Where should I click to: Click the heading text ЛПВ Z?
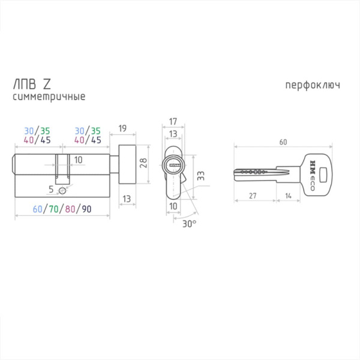click(x=32, y=84)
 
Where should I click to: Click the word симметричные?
click(x=49, y=97)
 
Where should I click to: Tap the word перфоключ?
click(x=313, y=85)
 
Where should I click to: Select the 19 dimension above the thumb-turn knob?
click(x=122, y=128)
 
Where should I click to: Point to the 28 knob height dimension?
click(x=143, y=163)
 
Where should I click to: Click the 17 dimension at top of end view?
click(x=173, y=121)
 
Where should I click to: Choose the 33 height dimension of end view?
click(x=200, y=176)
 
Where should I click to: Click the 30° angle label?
click(x=190, y=224)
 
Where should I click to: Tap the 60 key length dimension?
click(x=283, y=142)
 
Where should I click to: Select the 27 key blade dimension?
click(x=253, y=196)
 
